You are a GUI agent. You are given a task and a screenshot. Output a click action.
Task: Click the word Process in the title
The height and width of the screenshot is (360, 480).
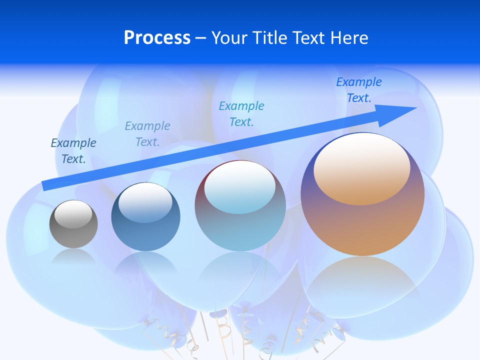(x=157, y=38)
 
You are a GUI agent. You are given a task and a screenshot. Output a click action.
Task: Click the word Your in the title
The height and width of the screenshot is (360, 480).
(x=230, y=38)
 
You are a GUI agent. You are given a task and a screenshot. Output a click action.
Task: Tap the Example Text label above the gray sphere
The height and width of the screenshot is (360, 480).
(x=73, y=151)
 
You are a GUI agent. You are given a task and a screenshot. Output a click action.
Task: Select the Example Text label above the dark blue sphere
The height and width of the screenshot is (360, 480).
(x=147, y=134)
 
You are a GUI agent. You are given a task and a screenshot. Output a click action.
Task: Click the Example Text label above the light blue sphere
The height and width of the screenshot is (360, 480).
(x=241, y=113)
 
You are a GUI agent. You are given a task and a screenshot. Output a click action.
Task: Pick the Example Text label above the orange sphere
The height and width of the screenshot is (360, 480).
(x=359, y=90)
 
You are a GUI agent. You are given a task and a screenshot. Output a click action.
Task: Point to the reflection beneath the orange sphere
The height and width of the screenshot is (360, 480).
(x=362, y=280)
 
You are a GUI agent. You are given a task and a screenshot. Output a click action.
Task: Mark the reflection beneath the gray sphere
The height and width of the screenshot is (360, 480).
(x=73, y=257)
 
